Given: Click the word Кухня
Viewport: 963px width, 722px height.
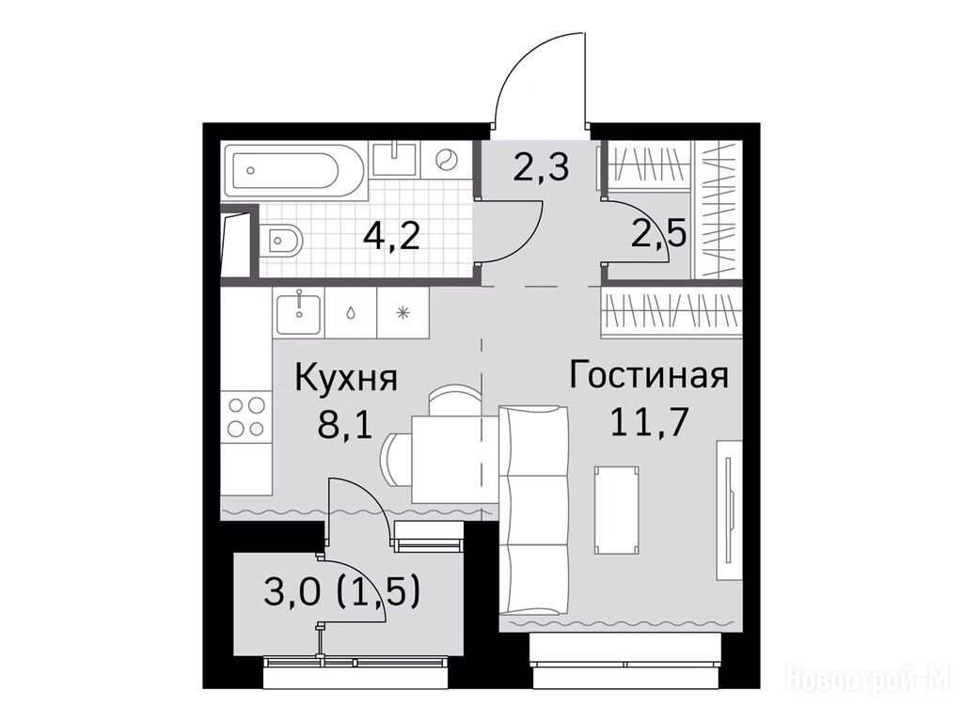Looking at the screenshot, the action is click(346, 378).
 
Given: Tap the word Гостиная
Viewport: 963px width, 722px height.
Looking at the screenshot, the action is click(649, 376).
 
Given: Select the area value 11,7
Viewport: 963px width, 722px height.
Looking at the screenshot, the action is click(648, 423).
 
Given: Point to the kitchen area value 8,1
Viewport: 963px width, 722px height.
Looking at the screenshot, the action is click(345, 425).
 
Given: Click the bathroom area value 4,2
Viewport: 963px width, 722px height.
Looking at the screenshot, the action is click(391, 235).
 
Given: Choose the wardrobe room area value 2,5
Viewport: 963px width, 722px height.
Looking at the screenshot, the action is click(659, 235).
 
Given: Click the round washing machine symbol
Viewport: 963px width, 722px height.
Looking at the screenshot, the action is click(445, 160).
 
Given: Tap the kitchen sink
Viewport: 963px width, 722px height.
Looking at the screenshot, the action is click(298, 313).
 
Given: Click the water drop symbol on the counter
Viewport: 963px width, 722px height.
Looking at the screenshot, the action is click(350, 313).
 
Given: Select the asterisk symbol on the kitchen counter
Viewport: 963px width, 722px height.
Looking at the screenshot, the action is click(403, 313).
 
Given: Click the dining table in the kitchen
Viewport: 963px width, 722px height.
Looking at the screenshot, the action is click(454, 459).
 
